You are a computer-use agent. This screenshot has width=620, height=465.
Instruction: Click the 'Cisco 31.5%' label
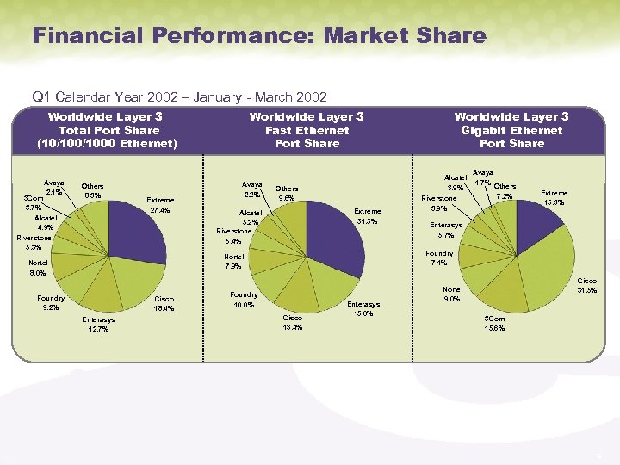(587, 285)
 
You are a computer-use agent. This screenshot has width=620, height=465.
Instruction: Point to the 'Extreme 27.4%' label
(160, 205)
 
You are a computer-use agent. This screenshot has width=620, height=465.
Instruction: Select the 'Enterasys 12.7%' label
(98, 324)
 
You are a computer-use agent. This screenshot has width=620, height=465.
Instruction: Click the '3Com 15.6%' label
(496, 322)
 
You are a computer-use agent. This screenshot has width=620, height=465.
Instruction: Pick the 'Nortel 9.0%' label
(453, 295)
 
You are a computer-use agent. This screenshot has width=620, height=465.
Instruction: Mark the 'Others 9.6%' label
(287, 194)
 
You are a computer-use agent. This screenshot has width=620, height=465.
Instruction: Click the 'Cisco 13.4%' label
(294, 322)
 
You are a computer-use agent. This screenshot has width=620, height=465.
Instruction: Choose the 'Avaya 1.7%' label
(483, 177)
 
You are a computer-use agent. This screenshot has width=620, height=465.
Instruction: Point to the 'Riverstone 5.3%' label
(34, 242)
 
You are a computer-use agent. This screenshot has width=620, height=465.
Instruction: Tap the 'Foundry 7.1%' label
(439, 258)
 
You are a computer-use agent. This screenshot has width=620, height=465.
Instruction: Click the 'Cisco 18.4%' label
(164, 304)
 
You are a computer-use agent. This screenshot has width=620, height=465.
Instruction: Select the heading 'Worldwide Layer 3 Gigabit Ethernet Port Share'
(512, 130)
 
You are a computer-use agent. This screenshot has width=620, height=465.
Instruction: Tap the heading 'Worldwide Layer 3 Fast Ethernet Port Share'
(307, 130)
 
